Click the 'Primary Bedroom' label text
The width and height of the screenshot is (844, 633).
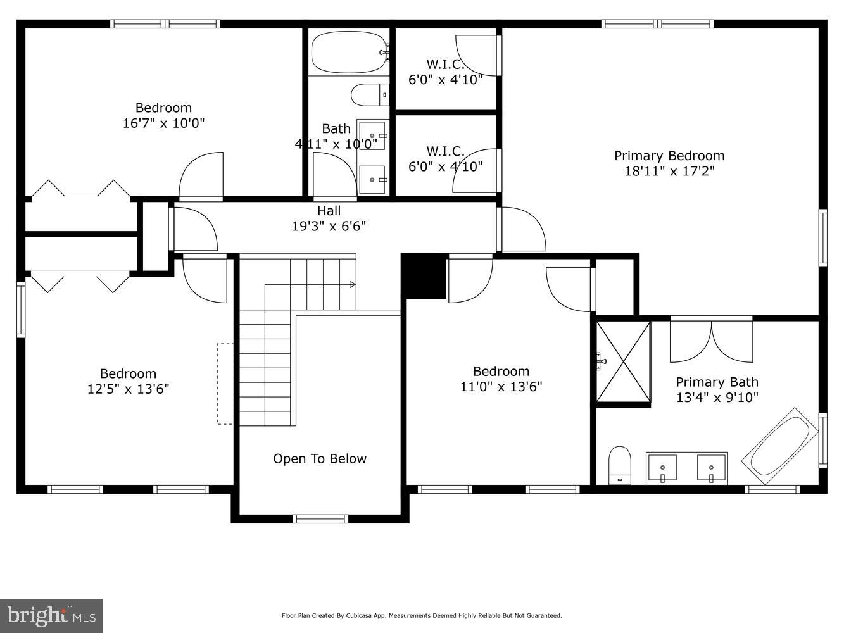pyautogui.click(x=669, y=156)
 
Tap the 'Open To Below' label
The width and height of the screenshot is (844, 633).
pyautogui.click(x=320, y=459)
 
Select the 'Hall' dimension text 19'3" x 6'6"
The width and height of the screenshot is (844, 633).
pyautogui.click(x=329, y=226)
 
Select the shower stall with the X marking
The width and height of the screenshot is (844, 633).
pyautogui.click(x=624, y=362)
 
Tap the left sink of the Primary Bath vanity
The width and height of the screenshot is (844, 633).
pyautogui.click(x=662, y=468)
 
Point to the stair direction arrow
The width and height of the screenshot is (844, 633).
pyautogui.click(x=353, y=285)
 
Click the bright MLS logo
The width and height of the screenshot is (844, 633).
pyautogui.click(x=51, y=615)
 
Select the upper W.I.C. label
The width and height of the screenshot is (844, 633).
pyautogui.click(x=445, y=64)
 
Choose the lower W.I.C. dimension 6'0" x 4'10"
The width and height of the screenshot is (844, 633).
pyautogui.click(x=445, y=166)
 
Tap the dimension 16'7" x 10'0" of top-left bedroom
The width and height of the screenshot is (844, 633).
pyautogui.click(x=163, y=123)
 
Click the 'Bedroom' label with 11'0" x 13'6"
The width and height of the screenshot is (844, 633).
pyautogui.click(x=501, y=371)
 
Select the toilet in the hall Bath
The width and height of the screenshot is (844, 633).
pyautogui.click(x=370, y=95)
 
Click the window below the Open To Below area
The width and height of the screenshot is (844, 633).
pyautogui.click(x=320, y=518)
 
